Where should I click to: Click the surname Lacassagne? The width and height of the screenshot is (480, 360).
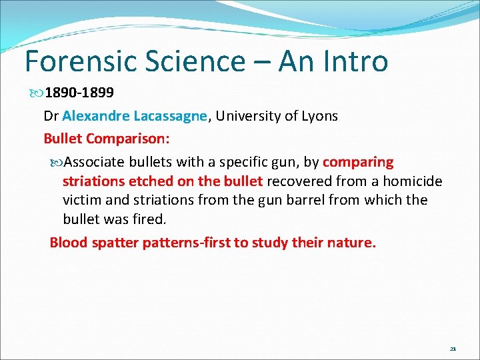[170, 116]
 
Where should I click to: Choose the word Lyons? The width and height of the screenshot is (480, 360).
[317, 116]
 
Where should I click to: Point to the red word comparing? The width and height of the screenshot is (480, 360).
[358, 162]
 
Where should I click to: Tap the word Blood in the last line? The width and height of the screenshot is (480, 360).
[69, 243]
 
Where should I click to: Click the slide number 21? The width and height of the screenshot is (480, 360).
[453, 349]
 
